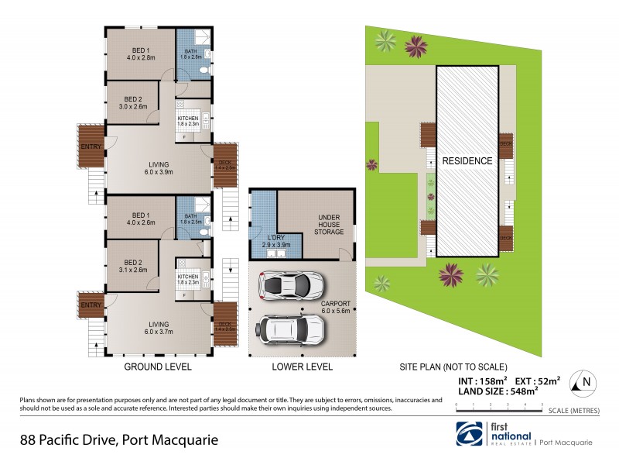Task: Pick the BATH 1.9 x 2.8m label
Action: [190, 53]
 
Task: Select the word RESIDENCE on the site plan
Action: [467, 161]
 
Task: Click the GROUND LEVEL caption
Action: [158, 367]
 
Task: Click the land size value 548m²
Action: [521, 393]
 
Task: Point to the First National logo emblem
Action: [468, 434]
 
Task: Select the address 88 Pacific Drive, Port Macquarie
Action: [119, 439]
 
